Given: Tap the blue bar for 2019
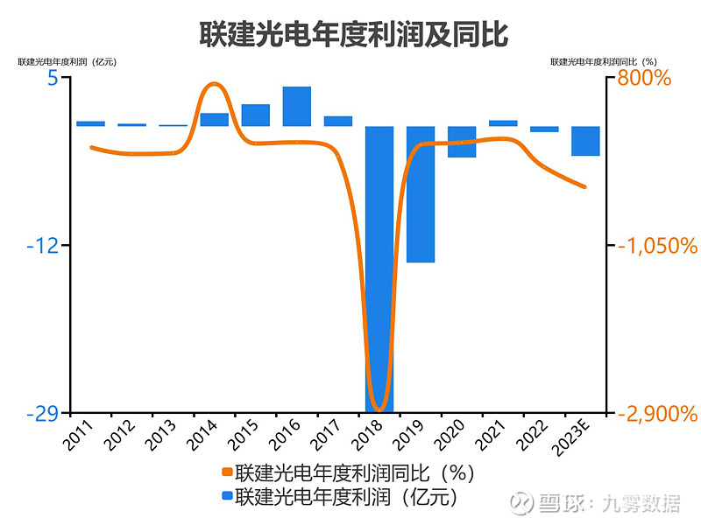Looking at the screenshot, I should pyautogui.click(x=420, y=193).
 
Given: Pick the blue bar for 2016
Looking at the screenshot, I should pyautogui.click(x=296, y=106).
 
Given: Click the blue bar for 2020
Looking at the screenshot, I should pyautogui.click(x=461, y=142).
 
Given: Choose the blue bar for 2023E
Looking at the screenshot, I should pyautogui.click(x=585, y=141).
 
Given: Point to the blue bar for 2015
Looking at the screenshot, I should pyautogui.click(x=255, y=115).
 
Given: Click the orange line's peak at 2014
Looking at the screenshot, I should pyautogui.click(x=213, y=84).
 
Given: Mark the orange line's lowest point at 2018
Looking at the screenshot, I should pyautogui.click(x=379, y=409).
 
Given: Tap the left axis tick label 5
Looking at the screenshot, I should pyautogui.click(x=53, y=78).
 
